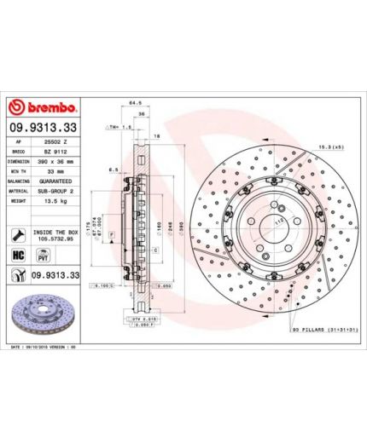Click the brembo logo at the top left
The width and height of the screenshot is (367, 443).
[43, 108]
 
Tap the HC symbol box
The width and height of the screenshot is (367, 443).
[17, 256]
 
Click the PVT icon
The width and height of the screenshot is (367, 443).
[37, 256]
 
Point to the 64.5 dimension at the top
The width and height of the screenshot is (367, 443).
[134, 101]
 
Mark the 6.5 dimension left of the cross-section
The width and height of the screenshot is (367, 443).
[112, 170]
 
